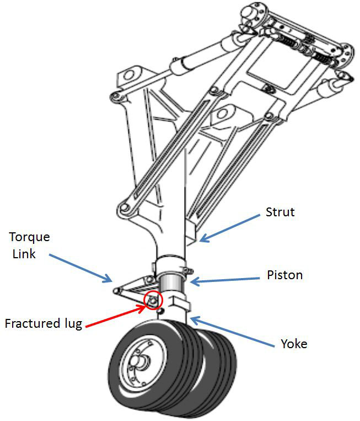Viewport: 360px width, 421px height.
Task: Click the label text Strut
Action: click(281, 212)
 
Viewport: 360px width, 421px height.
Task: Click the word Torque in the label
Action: click(30, 237)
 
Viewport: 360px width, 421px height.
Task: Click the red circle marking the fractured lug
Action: click(152, 300)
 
